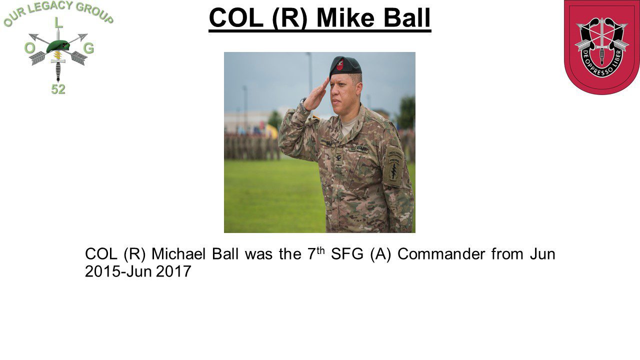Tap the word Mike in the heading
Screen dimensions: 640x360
[x=345, y=18]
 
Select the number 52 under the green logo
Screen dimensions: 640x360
[x=58, y=89]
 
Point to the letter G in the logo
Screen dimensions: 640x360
[x=88, y=48]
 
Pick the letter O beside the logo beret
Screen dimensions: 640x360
[x=29, y=48]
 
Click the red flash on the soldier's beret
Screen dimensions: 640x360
[x=340, y=64]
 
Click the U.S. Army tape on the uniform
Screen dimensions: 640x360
[x=359, y=148]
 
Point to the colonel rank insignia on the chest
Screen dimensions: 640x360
[x=338, y=158]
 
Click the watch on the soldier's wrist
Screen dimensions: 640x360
[x=303, y=103]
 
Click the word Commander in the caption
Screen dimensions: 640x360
[x=441, y=254]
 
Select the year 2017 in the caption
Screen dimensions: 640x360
[x=173, y=271]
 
